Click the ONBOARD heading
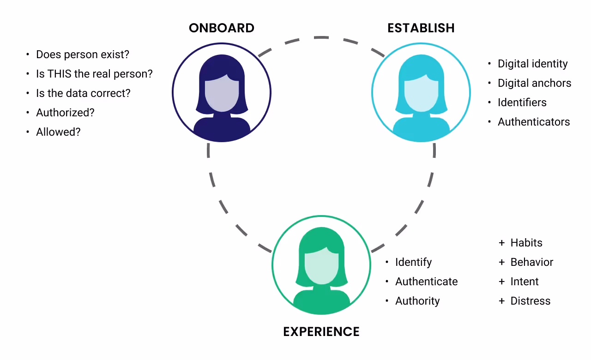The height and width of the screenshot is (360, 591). (222, 28)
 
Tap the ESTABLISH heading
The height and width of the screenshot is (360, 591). (421, 28)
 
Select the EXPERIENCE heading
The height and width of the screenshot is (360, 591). (321, 332)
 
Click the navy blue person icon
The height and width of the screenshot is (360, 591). (222, 93)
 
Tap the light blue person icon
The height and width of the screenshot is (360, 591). (421, 93)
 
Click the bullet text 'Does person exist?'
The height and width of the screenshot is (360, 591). (83, 54)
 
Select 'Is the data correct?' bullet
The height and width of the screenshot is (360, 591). (83, 93)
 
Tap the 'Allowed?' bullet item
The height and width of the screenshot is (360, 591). (58, 132)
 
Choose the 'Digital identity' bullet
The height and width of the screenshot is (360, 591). (532, 64)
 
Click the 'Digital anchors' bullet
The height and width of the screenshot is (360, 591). (534, 83)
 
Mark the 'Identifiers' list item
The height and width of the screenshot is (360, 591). (522, 102)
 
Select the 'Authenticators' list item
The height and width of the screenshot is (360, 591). (534, 122)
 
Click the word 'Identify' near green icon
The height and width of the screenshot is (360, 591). (413, 262)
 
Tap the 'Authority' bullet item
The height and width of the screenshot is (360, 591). (417, 301)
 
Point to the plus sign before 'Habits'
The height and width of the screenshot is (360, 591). (501, 243)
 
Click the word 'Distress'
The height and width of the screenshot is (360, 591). (530, 301)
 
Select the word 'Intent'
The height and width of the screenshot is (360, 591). (525, 282)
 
